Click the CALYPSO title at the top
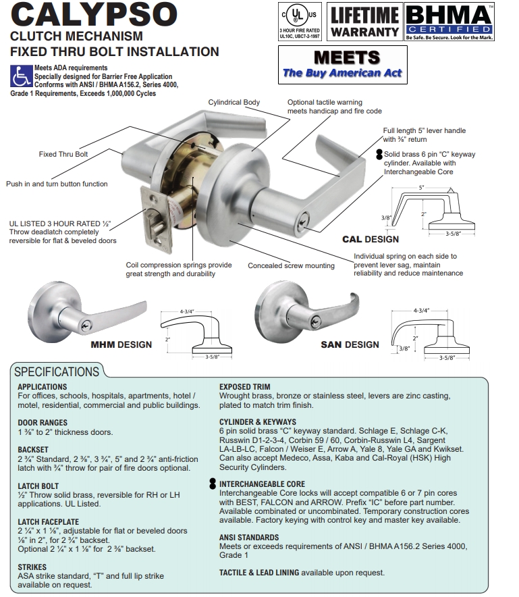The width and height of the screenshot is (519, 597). point(94,15)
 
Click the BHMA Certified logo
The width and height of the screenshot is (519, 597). point(447,22)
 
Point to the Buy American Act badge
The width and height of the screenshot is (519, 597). point(342,65)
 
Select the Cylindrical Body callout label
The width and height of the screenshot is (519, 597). point(234,103)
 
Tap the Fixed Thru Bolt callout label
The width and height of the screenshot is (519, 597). point(63,154)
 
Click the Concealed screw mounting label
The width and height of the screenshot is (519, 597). point(291,265)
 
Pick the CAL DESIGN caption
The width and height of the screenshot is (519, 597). point(370,239)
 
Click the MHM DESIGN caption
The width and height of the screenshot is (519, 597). point(121,344)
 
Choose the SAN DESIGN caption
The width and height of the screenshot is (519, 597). point(350,344)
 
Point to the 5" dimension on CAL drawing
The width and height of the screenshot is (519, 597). point(422,187)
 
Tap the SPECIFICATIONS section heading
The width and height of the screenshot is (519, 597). point(57,371)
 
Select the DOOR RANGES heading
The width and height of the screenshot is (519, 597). point(43,423)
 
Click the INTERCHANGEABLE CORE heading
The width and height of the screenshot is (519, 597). point(262,484)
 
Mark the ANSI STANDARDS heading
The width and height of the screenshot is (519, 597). point(249,538)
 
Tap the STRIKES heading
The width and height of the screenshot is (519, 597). point(32,567)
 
